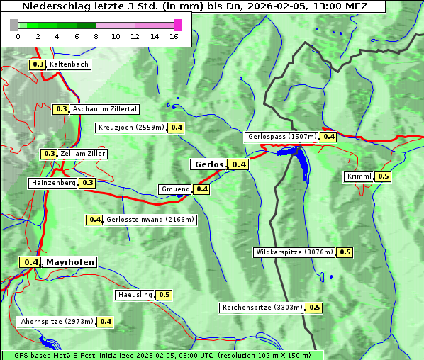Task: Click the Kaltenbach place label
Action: [69, 64]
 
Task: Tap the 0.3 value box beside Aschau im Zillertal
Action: [61, 109]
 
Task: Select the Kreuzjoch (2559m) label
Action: [130, 128]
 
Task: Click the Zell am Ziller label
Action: [83, 154]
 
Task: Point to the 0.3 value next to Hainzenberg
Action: [87, 183]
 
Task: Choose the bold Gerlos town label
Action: [208, 164]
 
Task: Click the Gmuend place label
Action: [175, 189]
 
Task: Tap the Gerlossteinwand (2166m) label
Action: [150, 220]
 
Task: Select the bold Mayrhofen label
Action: [69, 262]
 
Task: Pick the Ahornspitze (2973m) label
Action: [57, 322]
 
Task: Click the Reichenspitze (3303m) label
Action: [262, 308]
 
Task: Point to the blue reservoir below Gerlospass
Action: [301, 162]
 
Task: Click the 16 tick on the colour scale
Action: [173, 36]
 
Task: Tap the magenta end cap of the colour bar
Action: [177, 25]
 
